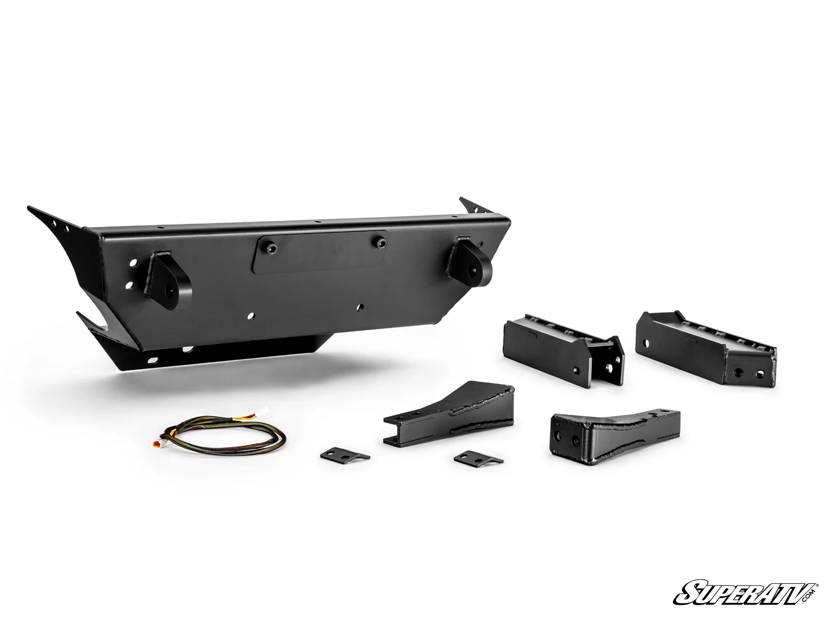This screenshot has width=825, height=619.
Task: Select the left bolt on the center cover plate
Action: (271, 248)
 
